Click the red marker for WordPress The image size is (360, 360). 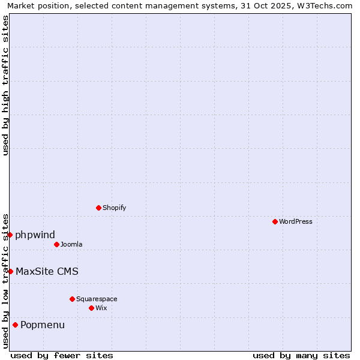pos(275,221)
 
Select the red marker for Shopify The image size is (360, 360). pos(98,208)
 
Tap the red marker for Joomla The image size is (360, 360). pos(56,244)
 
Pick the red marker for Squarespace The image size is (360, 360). pos(72,299)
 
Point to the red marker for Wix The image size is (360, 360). pos(91,308)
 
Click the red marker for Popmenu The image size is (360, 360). pos(15,325)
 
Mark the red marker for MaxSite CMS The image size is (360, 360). pos(10,271)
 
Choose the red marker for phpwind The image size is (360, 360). pos(10,235)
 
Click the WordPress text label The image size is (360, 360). pos(296,221)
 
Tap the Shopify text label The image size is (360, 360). pos(114,208)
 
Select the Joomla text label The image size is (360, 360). pos(71,244)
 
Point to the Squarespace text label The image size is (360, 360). pos(97,299)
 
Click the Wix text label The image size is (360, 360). pos(101,308)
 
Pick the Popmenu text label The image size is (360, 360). pos(43,325)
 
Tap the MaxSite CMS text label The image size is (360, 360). pos(47,271)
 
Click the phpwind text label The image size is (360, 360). pos(35,235)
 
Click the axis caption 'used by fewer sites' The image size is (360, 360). pos(62,355)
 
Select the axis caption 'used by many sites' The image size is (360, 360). pos(301,355)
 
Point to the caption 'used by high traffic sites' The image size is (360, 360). pos(5,85)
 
